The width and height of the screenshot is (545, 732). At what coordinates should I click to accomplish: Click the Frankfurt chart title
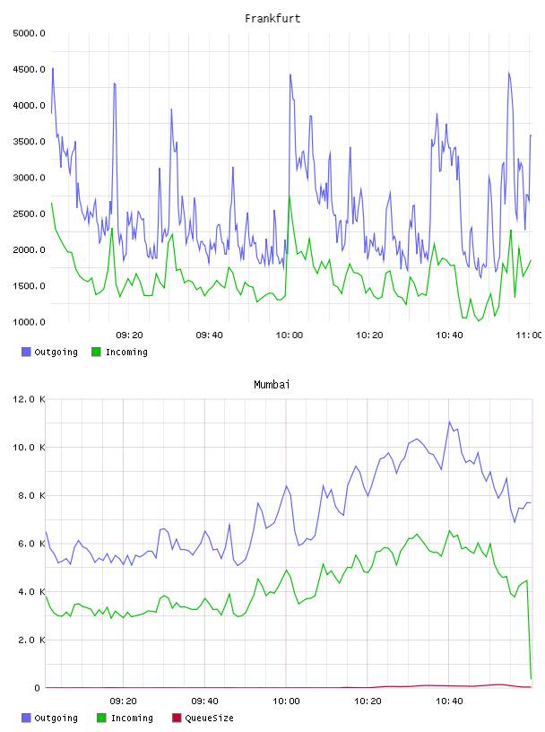click(272, 19)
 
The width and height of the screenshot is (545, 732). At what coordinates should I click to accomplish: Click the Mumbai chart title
click(272, 385)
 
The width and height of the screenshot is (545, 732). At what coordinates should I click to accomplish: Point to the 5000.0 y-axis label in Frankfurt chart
click(29, 33)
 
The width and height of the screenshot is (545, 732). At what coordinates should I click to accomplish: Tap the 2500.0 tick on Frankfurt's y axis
click(29, 213)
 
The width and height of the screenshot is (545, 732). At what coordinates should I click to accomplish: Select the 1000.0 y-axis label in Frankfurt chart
click(29, 322)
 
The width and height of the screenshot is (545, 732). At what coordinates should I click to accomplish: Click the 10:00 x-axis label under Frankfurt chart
click(290, 335)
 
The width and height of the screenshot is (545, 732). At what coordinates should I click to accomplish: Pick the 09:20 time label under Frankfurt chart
click(129, 335)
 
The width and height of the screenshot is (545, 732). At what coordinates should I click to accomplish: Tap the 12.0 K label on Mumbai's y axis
click(29, 399)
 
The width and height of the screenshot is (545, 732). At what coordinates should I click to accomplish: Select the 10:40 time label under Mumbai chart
click(449, 701)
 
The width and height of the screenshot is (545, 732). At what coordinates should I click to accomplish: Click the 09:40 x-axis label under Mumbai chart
click(205, 701)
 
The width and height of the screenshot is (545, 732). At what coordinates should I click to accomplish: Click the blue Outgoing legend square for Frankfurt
click(26, 352)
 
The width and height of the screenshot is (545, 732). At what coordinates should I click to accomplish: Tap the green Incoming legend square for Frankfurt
click(96, 352)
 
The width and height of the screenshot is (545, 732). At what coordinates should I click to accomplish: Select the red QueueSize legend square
click(177, 718)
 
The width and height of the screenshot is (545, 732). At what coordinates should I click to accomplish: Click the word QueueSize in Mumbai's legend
click(209, 718)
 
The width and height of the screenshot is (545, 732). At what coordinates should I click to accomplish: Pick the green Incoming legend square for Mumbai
click(101, 718)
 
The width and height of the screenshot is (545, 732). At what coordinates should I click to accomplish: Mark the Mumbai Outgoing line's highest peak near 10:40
click(449, 422)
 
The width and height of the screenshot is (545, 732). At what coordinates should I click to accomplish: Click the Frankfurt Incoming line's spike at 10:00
click(290, 196)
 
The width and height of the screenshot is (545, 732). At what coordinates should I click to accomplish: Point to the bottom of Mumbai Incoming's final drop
click(531, 678)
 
